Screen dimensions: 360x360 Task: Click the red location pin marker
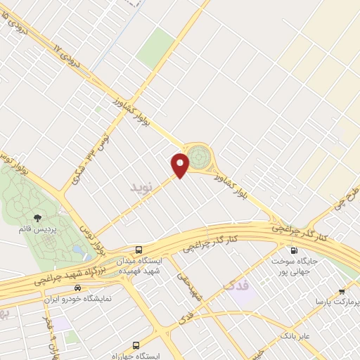pyautogui.click(x=181, y=165)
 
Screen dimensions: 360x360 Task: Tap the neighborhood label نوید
pyautogui.click(x=141, y=186)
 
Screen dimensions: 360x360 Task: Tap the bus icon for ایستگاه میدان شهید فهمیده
pyautogui.click(x=139, y=250)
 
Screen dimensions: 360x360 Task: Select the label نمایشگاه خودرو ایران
pyautogui.click(x=80, y=299)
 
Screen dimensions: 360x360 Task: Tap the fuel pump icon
pyautogui.click(x=294, y=250)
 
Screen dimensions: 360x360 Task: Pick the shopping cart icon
pyautogui.click(x=342, y=291)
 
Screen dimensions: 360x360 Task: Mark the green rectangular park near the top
pyautogui.click(x=155, y=46)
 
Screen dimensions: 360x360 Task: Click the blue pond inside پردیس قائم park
pyautogui.click(x=76, y=248)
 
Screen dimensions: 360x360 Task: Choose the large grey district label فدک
pyautogui.click(x=236, y=285)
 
